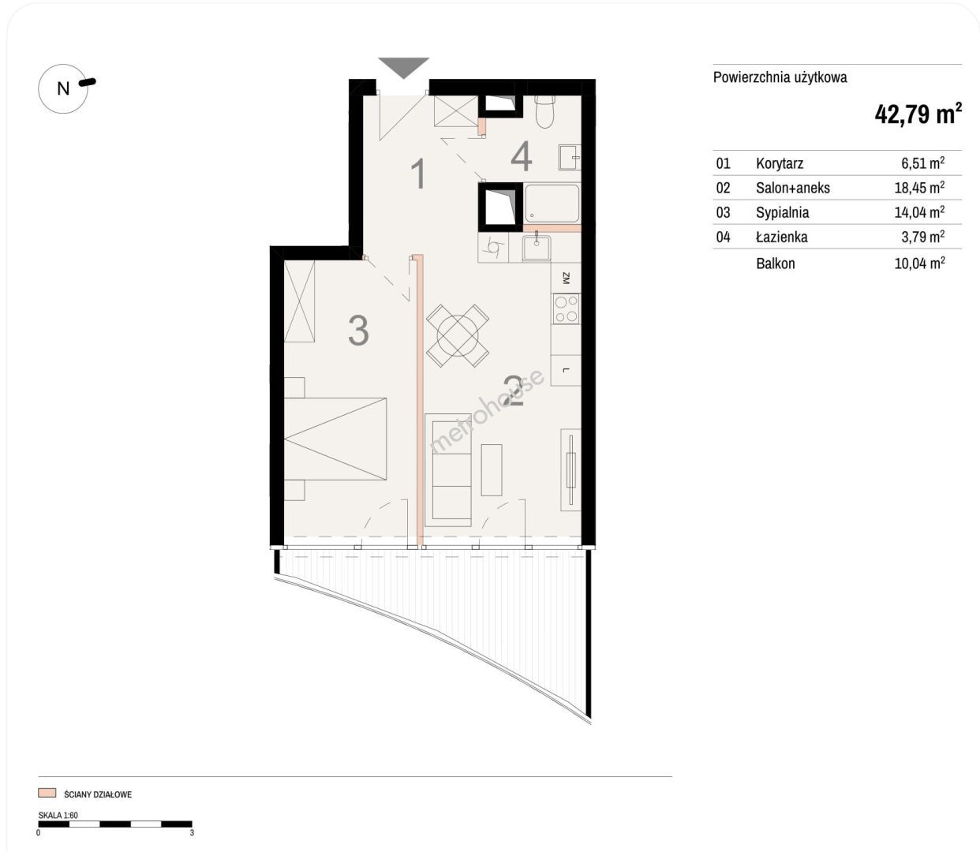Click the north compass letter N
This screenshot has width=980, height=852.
click(x=63, y=88)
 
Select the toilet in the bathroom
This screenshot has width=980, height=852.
click(x=544, y=111)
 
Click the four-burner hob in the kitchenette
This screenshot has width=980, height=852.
click(x=567, y=309)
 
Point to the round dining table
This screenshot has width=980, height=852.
click(x=458, y=335)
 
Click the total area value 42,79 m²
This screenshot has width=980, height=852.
click(x=918, y=114)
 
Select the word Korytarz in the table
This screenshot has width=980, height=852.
click(x=780, y=163)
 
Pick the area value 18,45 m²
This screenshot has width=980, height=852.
click(x=920, y=187)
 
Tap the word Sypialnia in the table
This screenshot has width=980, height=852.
click(x=782, y=212)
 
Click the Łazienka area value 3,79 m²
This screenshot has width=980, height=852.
click(x=923, y=237)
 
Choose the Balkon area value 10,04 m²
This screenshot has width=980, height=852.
click(x=920, y=263)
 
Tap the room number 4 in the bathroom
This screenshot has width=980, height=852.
click(x=521, y=156)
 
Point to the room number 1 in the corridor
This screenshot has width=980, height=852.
click(x=419, y=174)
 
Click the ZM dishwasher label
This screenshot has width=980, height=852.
click(x=567, y=278)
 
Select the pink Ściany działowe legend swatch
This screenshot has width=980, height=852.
click(x=47, y=793)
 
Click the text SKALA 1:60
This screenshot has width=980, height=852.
click(x=58, y=815)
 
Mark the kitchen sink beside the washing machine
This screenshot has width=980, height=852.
click(x=537, y=248)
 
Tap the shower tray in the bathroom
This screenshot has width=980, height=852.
click(x=552, y=203)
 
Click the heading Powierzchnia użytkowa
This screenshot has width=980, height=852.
click(x=780, y=77)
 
